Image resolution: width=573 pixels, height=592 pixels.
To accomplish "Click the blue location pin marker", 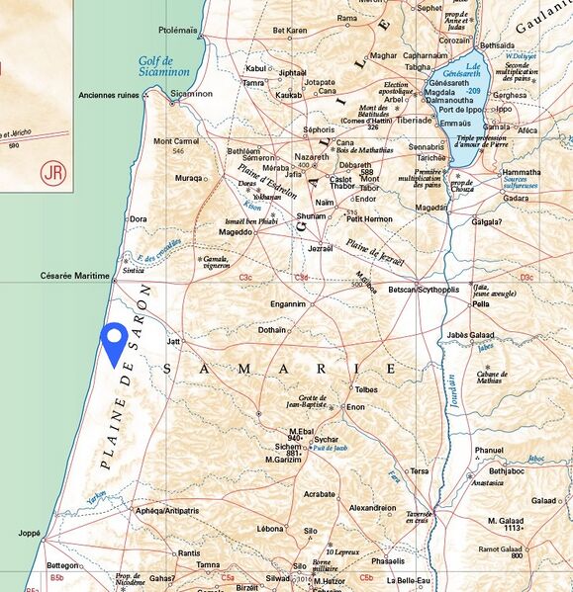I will pyautogui.click(x=114, y=342).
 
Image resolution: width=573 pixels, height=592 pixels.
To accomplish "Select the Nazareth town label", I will pyautogui.click(x=311, y=158).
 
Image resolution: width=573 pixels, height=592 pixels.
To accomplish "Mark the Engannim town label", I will pyautogui.click(x=294, y=304).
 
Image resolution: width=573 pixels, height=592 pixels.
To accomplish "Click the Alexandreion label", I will pyautogui.click(x=372, y=508).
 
